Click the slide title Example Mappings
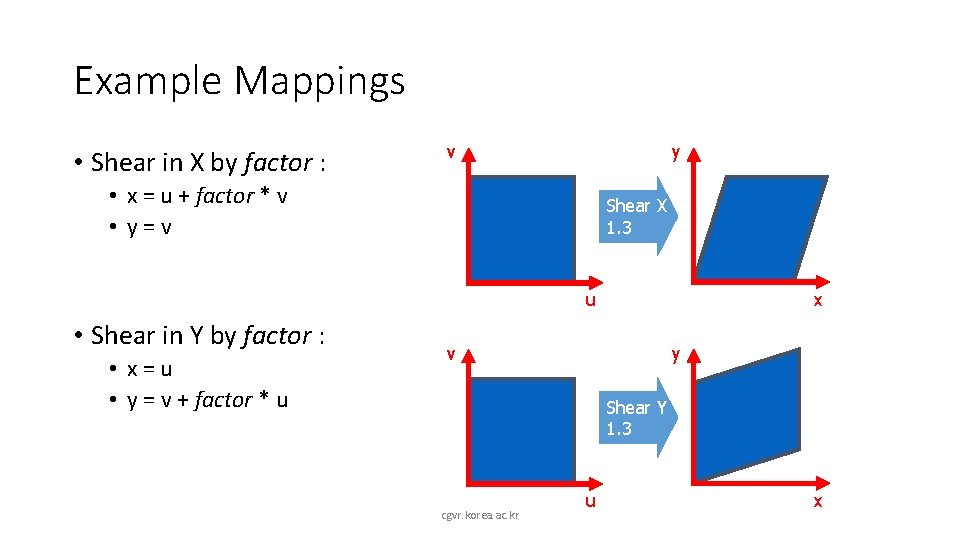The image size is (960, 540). pos(239,80)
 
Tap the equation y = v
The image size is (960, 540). pos(150,227)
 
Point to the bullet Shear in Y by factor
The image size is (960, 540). pos(207,335)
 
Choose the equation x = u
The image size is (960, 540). pos(150,368)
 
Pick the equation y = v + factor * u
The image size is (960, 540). pos(207,400)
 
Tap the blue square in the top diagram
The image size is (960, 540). pos(523,227)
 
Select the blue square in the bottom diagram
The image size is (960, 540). pos(523,429)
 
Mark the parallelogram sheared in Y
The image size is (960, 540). pos(748,415)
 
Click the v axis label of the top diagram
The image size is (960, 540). pos(451,152)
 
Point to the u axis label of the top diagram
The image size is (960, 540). pos(591,298)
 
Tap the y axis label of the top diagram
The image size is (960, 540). pos(676,152)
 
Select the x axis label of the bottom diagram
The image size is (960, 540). pos(817,501)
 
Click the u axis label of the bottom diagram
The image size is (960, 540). pos(591,499)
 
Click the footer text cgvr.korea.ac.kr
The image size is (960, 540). pos(480,515)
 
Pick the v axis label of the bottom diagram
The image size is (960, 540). pos(451,353)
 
